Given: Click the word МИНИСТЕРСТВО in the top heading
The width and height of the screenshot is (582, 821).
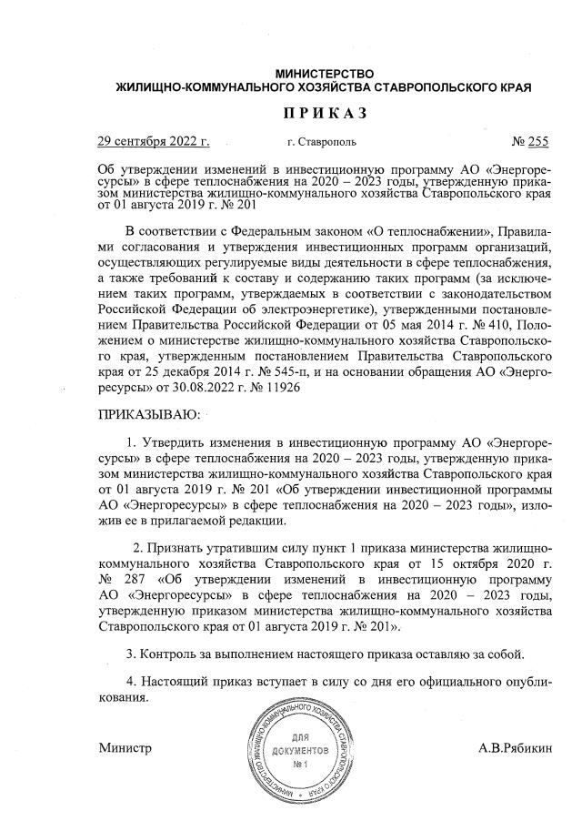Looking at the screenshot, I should click(x=325, y=72).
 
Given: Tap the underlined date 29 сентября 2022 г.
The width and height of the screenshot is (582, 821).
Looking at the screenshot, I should click(x=154, y=142).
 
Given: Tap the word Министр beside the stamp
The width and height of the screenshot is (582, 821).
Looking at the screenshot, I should click(x=125, y=747).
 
